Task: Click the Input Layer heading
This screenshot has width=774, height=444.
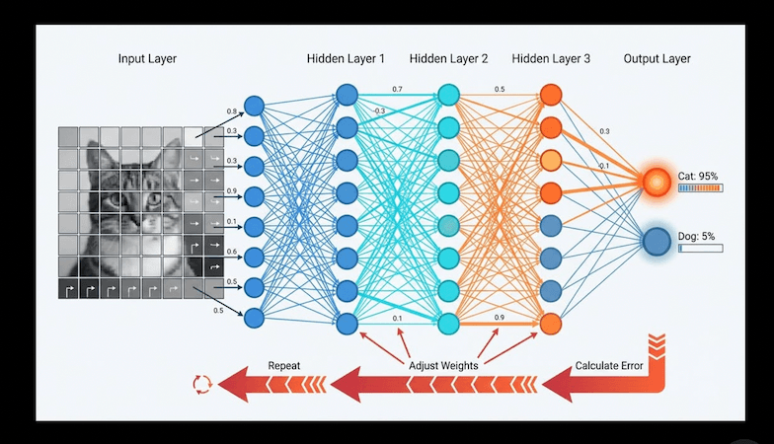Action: [147, 59]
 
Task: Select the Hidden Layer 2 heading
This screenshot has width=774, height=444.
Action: [448, 59]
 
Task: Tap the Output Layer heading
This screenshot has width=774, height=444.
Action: [657, 59]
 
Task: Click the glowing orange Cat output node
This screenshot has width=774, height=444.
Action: [656, 182]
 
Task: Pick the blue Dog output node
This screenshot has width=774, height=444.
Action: [656, 241]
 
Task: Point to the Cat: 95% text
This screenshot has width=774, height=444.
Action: [698, 176]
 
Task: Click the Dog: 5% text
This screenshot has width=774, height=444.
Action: [698, 236]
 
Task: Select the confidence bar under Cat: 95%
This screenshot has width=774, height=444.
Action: [700, 187]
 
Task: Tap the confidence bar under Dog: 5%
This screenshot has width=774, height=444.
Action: [700, 248]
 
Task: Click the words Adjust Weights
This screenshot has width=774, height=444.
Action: [443, 366]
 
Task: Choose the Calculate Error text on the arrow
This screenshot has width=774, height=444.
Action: [609, 366]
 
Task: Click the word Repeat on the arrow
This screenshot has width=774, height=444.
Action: [284, 366]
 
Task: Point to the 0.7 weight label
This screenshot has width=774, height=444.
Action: [397, 90]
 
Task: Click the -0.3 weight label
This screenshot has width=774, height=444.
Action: [378, 111]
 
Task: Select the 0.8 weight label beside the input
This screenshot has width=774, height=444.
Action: [232, 111]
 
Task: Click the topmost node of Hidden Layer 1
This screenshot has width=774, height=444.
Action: [346, 96]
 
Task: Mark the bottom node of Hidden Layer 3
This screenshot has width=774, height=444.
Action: [551, 323]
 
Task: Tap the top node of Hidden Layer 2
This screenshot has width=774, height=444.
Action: [448, 96]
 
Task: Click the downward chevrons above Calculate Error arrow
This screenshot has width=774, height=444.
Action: [657, 345]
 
